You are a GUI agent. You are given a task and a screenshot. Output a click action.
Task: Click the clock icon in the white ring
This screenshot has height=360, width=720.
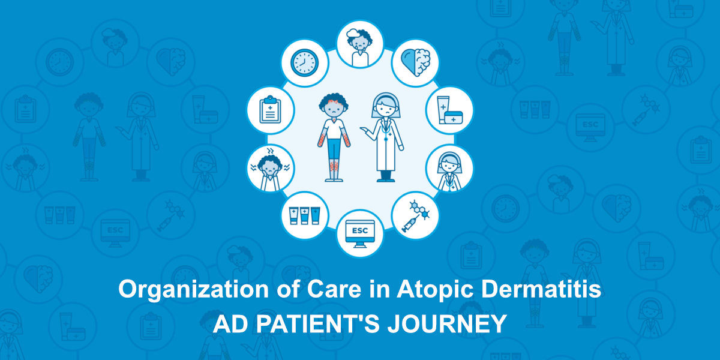[304, 62]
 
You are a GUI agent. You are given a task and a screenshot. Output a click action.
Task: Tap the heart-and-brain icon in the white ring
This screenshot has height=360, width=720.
[415, 62]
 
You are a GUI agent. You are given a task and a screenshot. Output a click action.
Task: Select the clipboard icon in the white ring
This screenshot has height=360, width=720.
[270, 110]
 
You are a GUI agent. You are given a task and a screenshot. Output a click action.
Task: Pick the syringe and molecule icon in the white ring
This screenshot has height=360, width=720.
[415, 216]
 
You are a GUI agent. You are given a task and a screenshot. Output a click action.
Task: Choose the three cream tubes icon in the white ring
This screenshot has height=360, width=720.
[304, 215]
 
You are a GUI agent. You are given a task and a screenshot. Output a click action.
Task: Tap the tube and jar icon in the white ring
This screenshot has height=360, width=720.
[449, 110]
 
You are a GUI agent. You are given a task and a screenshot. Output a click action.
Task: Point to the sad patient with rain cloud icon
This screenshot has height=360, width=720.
[359, 47]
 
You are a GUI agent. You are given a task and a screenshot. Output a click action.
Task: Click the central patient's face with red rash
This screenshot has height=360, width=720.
[334, 108]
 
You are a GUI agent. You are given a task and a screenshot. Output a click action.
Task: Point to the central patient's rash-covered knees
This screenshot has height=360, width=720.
[334, 166]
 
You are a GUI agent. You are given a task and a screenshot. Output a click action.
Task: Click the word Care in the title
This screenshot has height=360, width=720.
[334, 289]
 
